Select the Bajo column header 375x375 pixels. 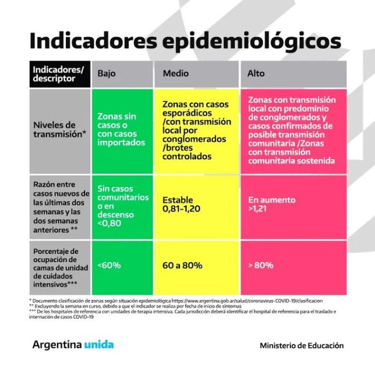pyautogui.click(x=107, y=73)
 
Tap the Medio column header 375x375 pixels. pyautogui.click(x=176, y=73)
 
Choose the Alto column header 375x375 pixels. pyautogui.click(x=256, y=73)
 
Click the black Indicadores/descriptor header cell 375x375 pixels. pyautogui.click(x=59, y=74)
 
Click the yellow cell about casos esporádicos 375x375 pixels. pyautogui.click(x=197, y=130)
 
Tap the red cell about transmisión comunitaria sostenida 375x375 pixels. pyautogui.click(x=292, y=130)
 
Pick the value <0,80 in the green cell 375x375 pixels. pyautogui.click(x=109, y=223)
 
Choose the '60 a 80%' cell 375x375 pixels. pyautogui.click(x=197, y=265)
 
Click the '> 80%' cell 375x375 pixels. pyautogui.click(x=292, y=265)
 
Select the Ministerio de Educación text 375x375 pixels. pyautogui.click(x=302, y=346)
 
